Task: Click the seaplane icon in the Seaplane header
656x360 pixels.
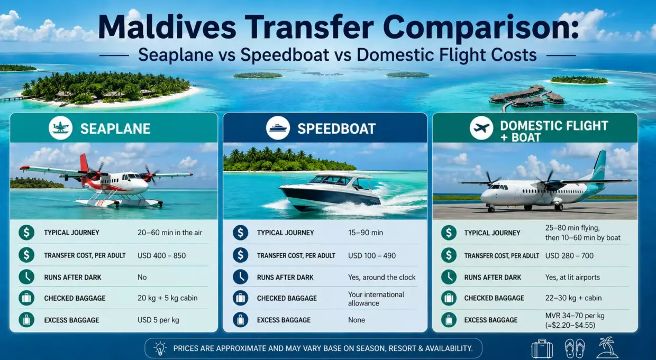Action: pyautogui.click(x=61, y=128)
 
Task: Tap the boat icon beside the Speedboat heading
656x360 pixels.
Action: pyautogui.click(x=278, y=128)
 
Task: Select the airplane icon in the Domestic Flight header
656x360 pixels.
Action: pyautogui.click(x=481, y=128)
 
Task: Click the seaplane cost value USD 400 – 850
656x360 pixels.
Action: pyautogui.click(x=162, y=255)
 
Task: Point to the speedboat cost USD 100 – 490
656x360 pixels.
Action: pyautogui.click(x=372, y=255)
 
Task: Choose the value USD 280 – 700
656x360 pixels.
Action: pyautogui.click(x=569, y=255)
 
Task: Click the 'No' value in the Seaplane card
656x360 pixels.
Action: pyautogui.click(x=142, y=277)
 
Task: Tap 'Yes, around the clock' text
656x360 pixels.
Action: pyautogui.click(x=381, y=277)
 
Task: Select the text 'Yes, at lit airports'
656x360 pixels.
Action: pyautogui.click(x=572, y=277)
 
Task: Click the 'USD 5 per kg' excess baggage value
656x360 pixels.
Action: pyautogui.click(x=158, y=320)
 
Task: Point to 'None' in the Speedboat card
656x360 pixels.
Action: pyautogui.click(x=357, y=320)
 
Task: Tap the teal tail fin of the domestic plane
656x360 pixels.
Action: pyautogui.click(x=599, y=164)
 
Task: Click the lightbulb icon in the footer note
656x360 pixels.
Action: pyautogui.click(x=160, y=348)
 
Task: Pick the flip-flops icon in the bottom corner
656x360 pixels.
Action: pyautogui.click(x=575, y=348)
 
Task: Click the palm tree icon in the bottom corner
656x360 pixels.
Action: pyautogui.click(x=608, y=347)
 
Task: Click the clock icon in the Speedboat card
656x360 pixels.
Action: pyautogui.click(x=240, y=277)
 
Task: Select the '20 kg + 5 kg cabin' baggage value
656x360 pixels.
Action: pyautogui.click(x=168, y=298)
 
